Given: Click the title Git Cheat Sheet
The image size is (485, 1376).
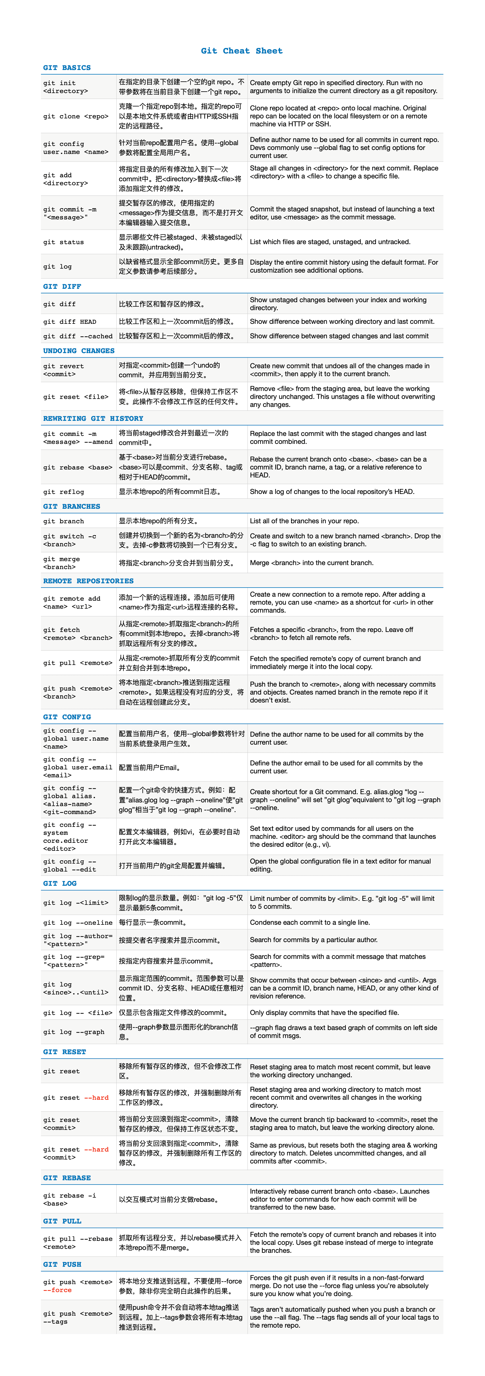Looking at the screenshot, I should [x=242, y=51].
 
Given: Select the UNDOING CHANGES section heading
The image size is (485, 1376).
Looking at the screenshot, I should [x=79, y=351].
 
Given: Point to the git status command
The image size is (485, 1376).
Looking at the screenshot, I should [x=63, y=242].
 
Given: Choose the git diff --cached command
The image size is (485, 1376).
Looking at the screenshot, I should [x=78, y=336].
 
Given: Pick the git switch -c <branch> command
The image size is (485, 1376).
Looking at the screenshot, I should [x=70, y=540].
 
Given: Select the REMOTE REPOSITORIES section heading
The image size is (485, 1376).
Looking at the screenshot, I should [x=89, y=581].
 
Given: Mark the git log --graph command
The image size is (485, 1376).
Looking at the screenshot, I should [x=74, y=1032].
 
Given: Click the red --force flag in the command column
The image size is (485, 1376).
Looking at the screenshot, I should [x=58, y=1290].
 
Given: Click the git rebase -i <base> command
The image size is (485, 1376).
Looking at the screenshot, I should [x=70, y=1200].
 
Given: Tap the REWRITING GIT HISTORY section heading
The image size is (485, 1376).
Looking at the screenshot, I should [x=93, y=418].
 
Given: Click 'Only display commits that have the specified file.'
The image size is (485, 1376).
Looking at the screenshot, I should [x=324, y=1013].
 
